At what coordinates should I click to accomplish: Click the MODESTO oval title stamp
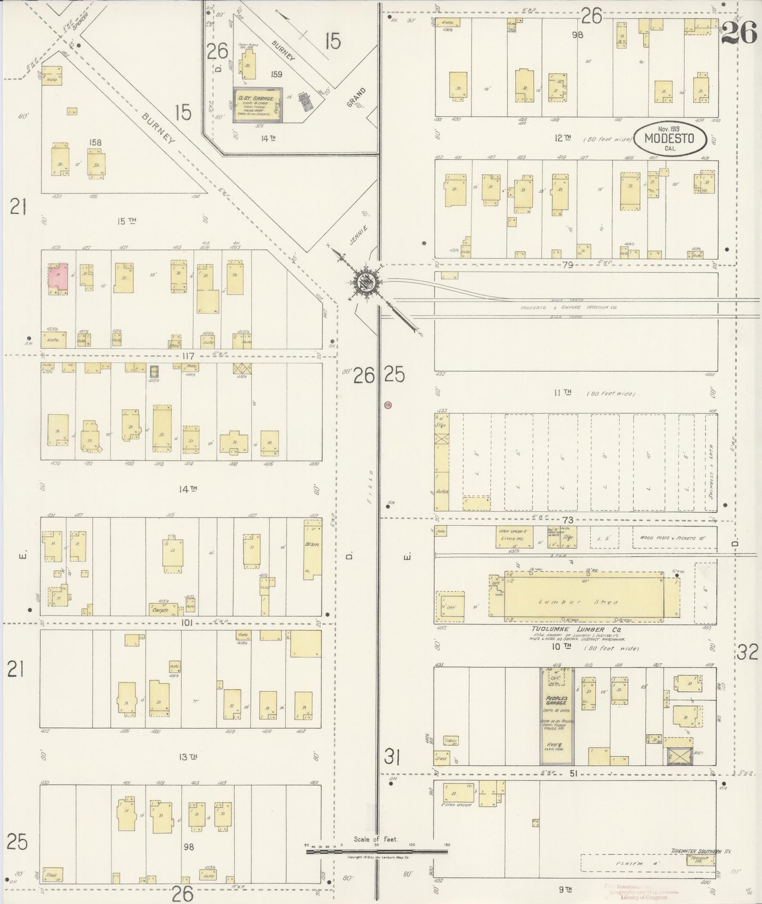670,139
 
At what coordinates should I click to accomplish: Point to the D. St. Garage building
257,105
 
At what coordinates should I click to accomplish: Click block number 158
95,142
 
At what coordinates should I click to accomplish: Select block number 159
276,74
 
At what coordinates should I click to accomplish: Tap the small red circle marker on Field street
388,405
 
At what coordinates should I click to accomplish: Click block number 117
189,356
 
